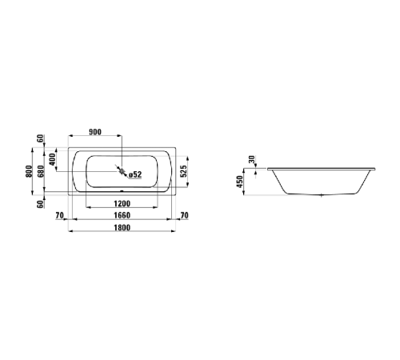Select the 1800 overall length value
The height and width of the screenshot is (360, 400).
122,227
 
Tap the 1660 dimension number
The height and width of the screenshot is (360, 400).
122,215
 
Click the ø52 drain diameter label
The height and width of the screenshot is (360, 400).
135,174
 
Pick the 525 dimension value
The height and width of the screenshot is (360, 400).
183,170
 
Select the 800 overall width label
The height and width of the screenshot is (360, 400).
29,170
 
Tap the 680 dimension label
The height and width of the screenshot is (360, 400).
40,170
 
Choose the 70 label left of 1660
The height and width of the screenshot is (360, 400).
60,215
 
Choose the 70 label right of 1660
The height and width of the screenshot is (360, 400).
184,215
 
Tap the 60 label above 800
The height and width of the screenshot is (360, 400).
40,142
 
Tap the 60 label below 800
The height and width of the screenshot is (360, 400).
40,202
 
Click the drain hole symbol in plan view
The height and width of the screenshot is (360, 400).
122,170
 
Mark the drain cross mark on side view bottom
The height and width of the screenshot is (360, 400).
321,194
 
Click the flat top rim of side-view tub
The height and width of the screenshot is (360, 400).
320,169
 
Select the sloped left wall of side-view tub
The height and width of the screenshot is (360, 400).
280,182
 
